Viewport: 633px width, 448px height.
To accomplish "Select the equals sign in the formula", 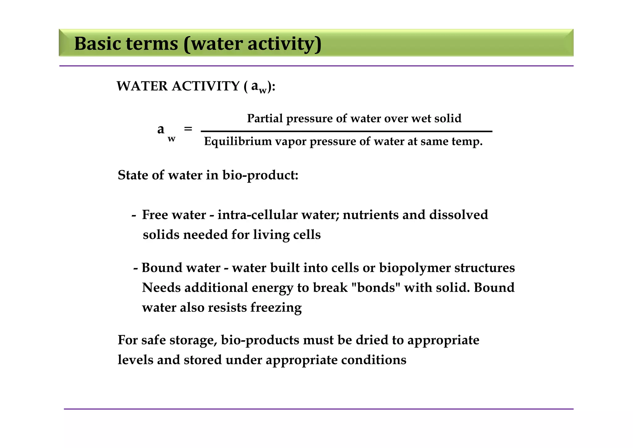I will pos(188,128).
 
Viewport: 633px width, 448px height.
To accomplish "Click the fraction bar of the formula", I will pos(346,131).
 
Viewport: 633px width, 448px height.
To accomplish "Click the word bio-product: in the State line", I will pos(260,175).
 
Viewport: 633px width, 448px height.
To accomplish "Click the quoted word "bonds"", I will pos(376,288).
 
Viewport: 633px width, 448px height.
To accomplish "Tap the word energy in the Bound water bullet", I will pos(272,288).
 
